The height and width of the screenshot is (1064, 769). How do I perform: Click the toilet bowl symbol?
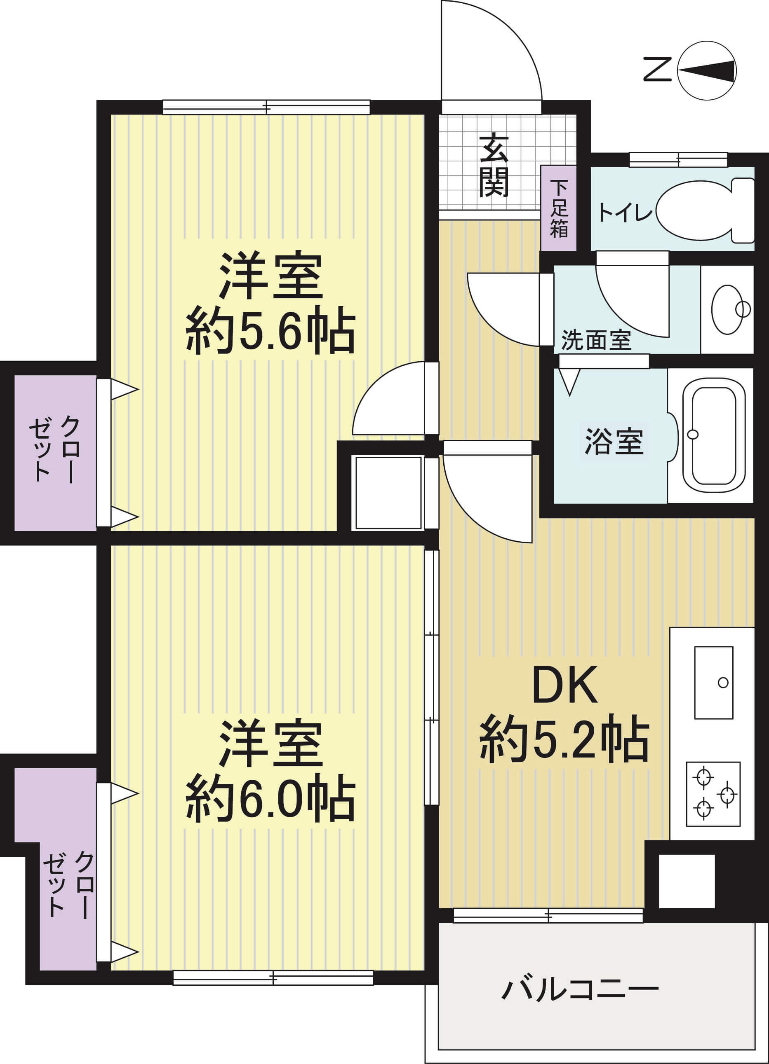coord(704,210)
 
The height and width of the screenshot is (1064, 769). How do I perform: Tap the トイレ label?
coord(624,213)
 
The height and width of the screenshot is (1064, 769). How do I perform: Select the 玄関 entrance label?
coord(494,166)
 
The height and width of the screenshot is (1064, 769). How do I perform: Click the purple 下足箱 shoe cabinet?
coord(558,208)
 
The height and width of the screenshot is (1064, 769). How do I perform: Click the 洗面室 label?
coord(596,340)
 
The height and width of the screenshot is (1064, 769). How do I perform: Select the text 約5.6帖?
coord(270,332)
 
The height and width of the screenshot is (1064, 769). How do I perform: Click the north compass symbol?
coord(707,71)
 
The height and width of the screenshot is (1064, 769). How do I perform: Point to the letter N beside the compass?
coord(657,70)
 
